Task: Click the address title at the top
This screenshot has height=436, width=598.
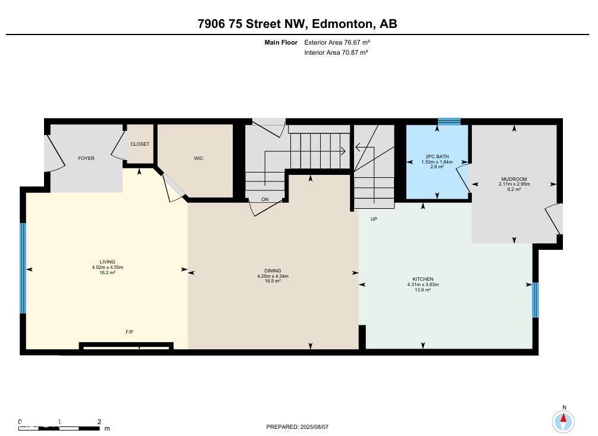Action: click(x=298, y=24)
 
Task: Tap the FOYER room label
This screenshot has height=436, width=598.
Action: click(x=86, y=158)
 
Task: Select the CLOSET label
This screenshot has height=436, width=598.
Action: click(x=140, y=144)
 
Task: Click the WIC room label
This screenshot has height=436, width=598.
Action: click(x=199, y=158)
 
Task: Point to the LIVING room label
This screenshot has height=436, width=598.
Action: click(x=108, y=262)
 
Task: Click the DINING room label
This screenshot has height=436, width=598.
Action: click(x=273, y=271)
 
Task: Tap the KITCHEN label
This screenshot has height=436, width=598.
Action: click(x=423, y=279)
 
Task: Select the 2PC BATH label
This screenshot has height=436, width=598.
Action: click(x=437, y=157)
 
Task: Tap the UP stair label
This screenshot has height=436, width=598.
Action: click(x=374, y=219)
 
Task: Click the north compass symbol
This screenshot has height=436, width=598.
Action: click(x=563, y=421)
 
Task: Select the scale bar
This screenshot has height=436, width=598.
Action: click(x=60, y=427)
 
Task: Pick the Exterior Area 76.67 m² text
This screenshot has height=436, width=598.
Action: click(x=337, y=42)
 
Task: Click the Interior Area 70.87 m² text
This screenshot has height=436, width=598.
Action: click(x=336, y=52)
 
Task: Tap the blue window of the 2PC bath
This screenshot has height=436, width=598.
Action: click(x=449, y=121)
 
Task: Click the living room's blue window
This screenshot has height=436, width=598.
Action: click(x=23, y=268)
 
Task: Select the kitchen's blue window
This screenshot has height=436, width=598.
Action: click(x=535, y=300)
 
